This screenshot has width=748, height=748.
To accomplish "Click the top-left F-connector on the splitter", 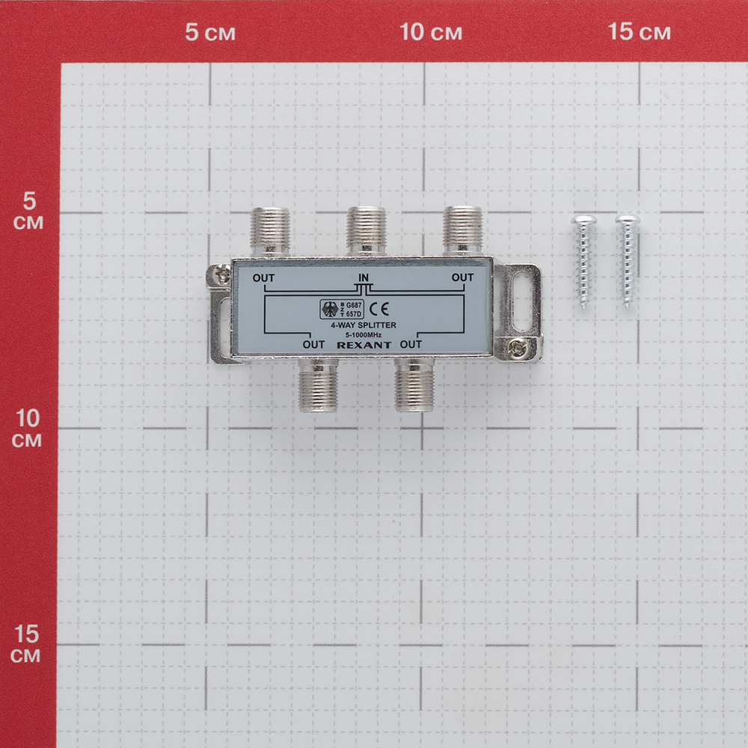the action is [270, 231].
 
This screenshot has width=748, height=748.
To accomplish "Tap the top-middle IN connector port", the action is [367, 231].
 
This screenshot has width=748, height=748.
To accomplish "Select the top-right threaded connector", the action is [462, 231].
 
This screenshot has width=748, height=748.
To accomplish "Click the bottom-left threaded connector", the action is [318, 384].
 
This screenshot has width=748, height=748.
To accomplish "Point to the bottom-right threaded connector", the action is [414, 384].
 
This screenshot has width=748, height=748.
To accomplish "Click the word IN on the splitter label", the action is [364, 278].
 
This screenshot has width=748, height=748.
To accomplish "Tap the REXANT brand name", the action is [364, 345].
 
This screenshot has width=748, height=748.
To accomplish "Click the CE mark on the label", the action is [379, 309].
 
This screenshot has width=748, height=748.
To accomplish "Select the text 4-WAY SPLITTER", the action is [364, 325].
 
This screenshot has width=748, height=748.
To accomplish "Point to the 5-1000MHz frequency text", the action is [364, 335].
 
